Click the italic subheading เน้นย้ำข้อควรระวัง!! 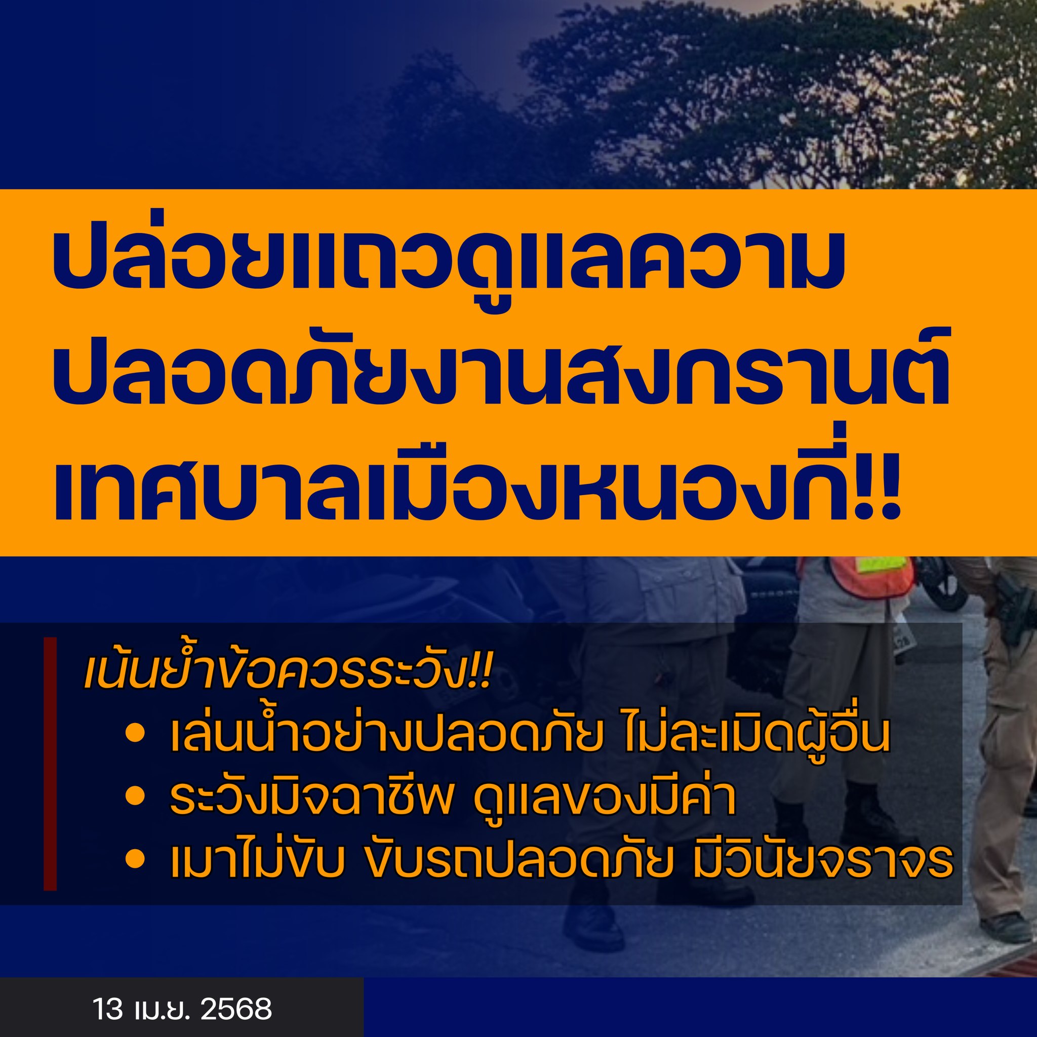point(288,672)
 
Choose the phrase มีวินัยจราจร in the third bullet point(822,859)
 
